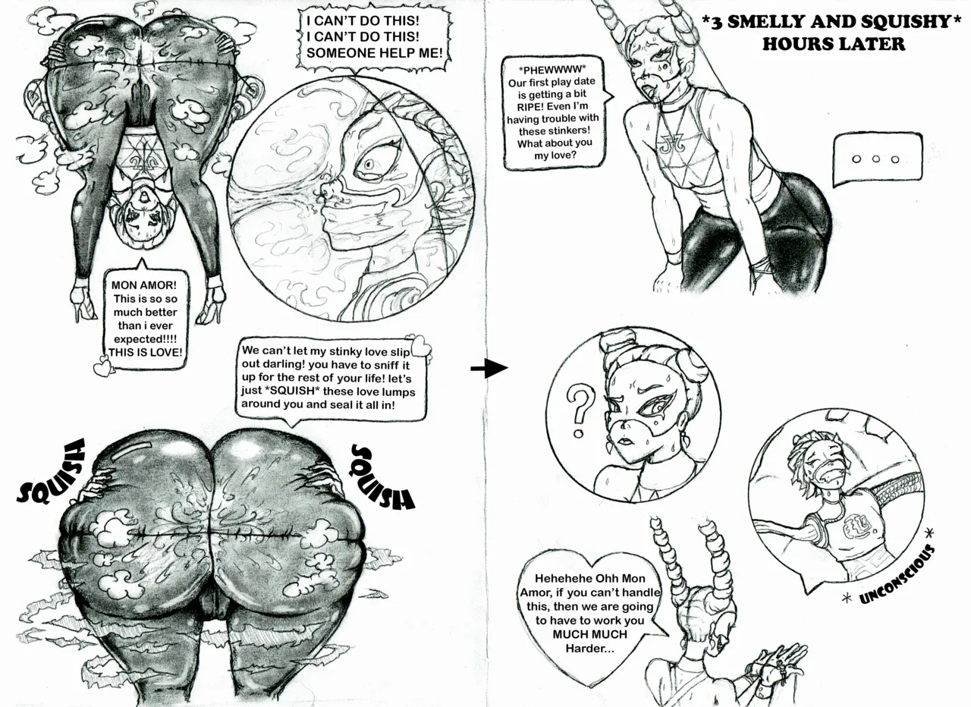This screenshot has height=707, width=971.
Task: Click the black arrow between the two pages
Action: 489,369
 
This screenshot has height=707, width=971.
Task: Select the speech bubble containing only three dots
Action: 876,160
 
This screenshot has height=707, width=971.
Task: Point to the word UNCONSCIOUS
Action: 897,573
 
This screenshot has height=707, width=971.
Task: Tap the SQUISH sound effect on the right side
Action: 382,477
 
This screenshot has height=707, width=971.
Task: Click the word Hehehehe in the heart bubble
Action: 561,577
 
